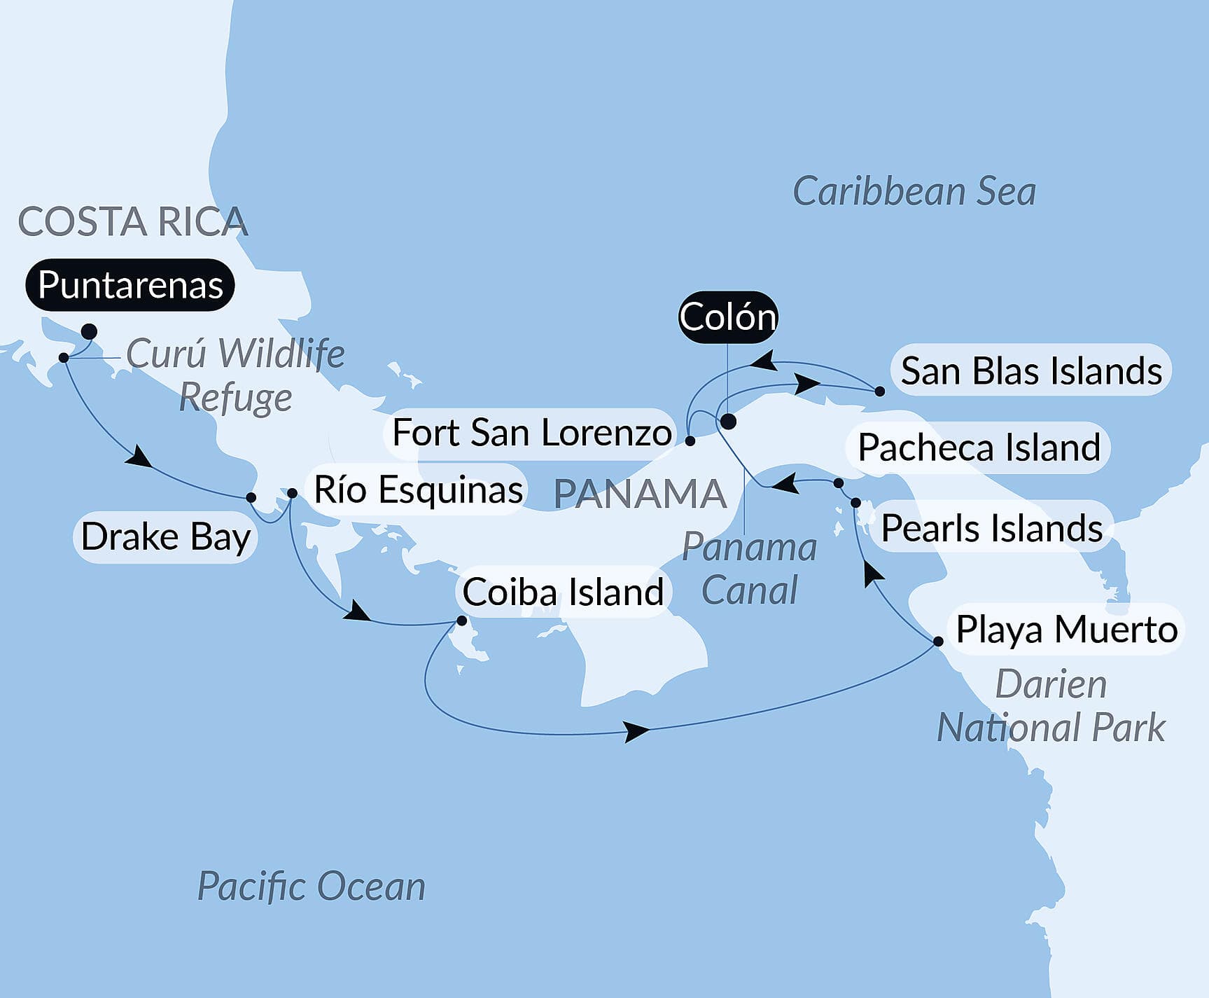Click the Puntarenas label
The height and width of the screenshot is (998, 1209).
(130, 285)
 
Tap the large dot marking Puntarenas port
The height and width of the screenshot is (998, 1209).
(89, 331)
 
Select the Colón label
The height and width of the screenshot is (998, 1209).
(728, 317)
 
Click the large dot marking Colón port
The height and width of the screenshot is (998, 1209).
(728, 422)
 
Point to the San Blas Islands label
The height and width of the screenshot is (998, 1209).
(1030, 370)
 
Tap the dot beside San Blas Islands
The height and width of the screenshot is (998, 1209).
(880, 391)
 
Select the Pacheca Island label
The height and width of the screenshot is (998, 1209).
(979, 448)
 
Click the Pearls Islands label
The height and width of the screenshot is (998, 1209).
(991, 528)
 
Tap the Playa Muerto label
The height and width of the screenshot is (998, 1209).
(1066, 629)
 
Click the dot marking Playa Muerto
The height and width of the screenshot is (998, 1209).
(938, 642)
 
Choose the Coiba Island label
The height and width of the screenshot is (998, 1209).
(563, 592)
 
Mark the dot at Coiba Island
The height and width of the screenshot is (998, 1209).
(461, 621)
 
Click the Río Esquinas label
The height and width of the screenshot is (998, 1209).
(419, 490)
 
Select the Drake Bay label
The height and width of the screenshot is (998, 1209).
(165, 537)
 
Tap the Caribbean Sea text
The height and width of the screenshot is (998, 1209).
(914, 192)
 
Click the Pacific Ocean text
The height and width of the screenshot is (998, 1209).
(312, 886)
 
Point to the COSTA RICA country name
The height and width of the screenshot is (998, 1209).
(133, 222)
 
